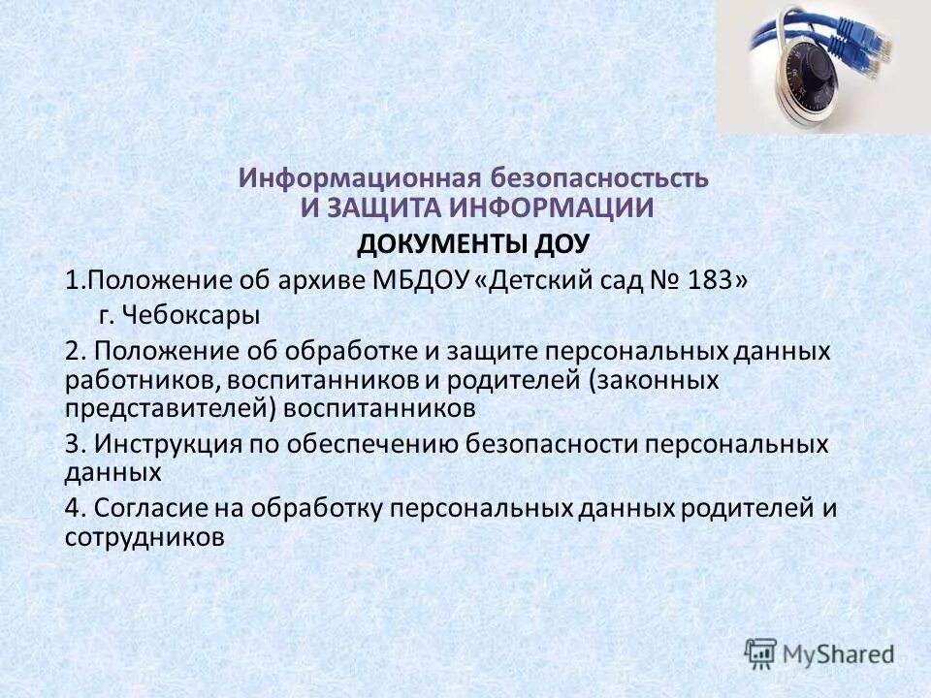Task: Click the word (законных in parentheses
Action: (x=668, y=380)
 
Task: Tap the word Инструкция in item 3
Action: (x=173, y=444)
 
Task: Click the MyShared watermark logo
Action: (x=819, y=652)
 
